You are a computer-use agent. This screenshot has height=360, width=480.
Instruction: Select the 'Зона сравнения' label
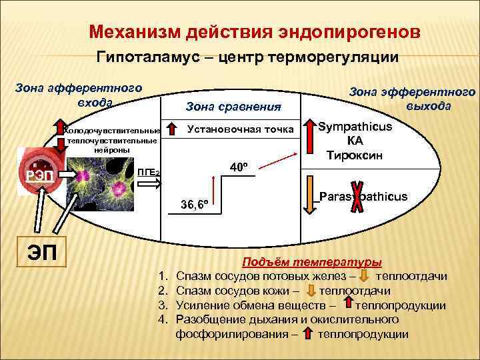point(233,107)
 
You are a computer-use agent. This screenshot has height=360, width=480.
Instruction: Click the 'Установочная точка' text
point(241,129)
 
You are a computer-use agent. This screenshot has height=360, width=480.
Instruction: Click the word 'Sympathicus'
point(355,127)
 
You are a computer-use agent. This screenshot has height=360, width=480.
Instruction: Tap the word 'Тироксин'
point(355,155)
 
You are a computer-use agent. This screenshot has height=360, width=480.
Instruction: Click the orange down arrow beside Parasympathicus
point(311,195)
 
